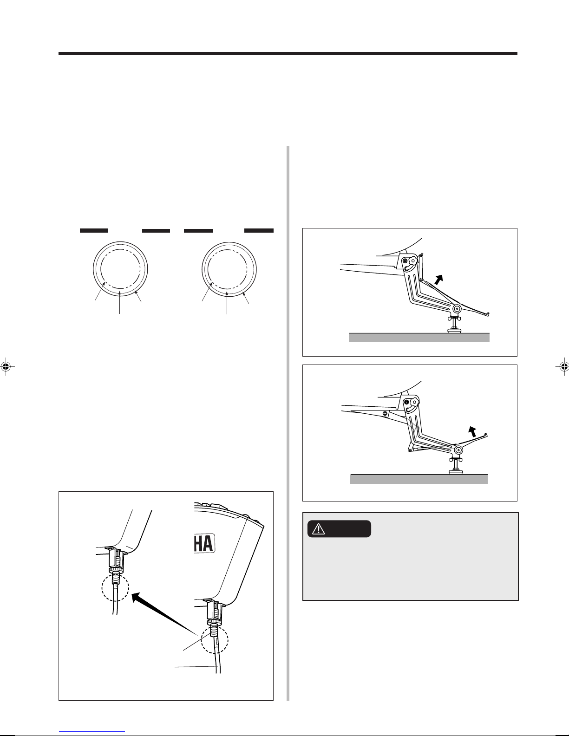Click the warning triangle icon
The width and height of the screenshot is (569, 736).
[318, 529]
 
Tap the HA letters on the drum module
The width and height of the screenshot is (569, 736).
[204, 544]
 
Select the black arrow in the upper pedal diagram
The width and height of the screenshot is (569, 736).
[438, 280]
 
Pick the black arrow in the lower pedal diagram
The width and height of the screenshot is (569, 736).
[472, 431]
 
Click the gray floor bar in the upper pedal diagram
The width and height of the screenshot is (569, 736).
[419, 338]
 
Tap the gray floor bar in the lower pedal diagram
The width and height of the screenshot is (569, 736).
[419, 479]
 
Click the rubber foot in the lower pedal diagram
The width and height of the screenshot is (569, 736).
[455, 471]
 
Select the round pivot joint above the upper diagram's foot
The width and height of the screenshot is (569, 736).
[457, 308]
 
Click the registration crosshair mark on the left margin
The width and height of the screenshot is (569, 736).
[6, 366]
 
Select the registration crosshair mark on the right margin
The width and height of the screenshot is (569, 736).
[563, 366]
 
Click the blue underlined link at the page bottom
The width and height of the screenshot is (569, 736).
[92, 732]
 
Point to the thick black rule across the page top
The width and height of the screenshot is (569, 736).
[288, 53]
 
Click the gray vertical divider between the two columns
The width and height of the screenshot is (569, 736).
[288, 423]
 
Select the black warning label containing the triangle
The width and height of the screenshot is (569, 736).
[339, 529]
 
